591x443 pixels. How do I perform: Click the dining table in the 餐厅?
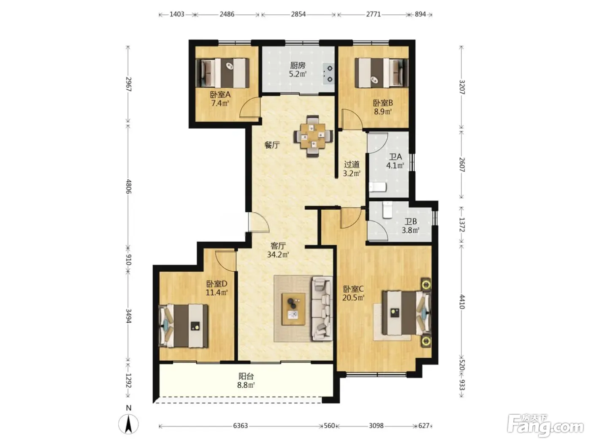tap(313, 136)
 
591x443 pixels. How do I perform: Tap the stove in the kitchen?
tap(329, 74)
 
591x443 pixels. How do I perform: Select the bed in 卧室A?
tap(222, 73)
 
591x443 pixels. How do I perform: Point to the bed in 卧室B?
tap(381, 73)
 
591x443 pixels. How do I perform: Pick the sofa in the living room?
tap(322, 308)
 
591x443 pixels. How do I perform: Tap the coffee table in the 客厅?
tap(293, 309)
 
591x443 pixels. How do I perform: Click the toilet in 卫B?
tap(388, 210)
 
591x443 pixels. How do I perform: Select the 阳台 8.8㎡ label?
tap(246, 380)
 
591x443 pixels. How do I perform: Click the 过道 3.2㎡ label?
tap(352, 169)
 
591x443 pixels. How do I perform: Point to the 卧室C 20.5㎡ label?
tap(353, 293)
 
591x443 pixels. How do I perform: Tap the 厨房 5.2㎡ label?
tap(298, 70)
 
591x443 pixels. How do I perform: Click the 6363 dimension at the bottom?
tap(241, 426)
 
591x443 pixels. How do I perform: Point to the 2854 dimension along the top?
tap(298, 14)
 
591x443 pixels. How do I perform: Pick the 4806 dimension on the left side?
tap(129, 186)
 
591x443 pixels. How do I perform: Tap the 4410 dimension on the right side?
tap(462, 302)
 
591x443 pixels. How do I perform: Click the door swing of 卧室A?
tap(250, 108)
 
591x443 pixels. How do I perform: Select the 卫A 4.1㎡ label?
tap(395, 161)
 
